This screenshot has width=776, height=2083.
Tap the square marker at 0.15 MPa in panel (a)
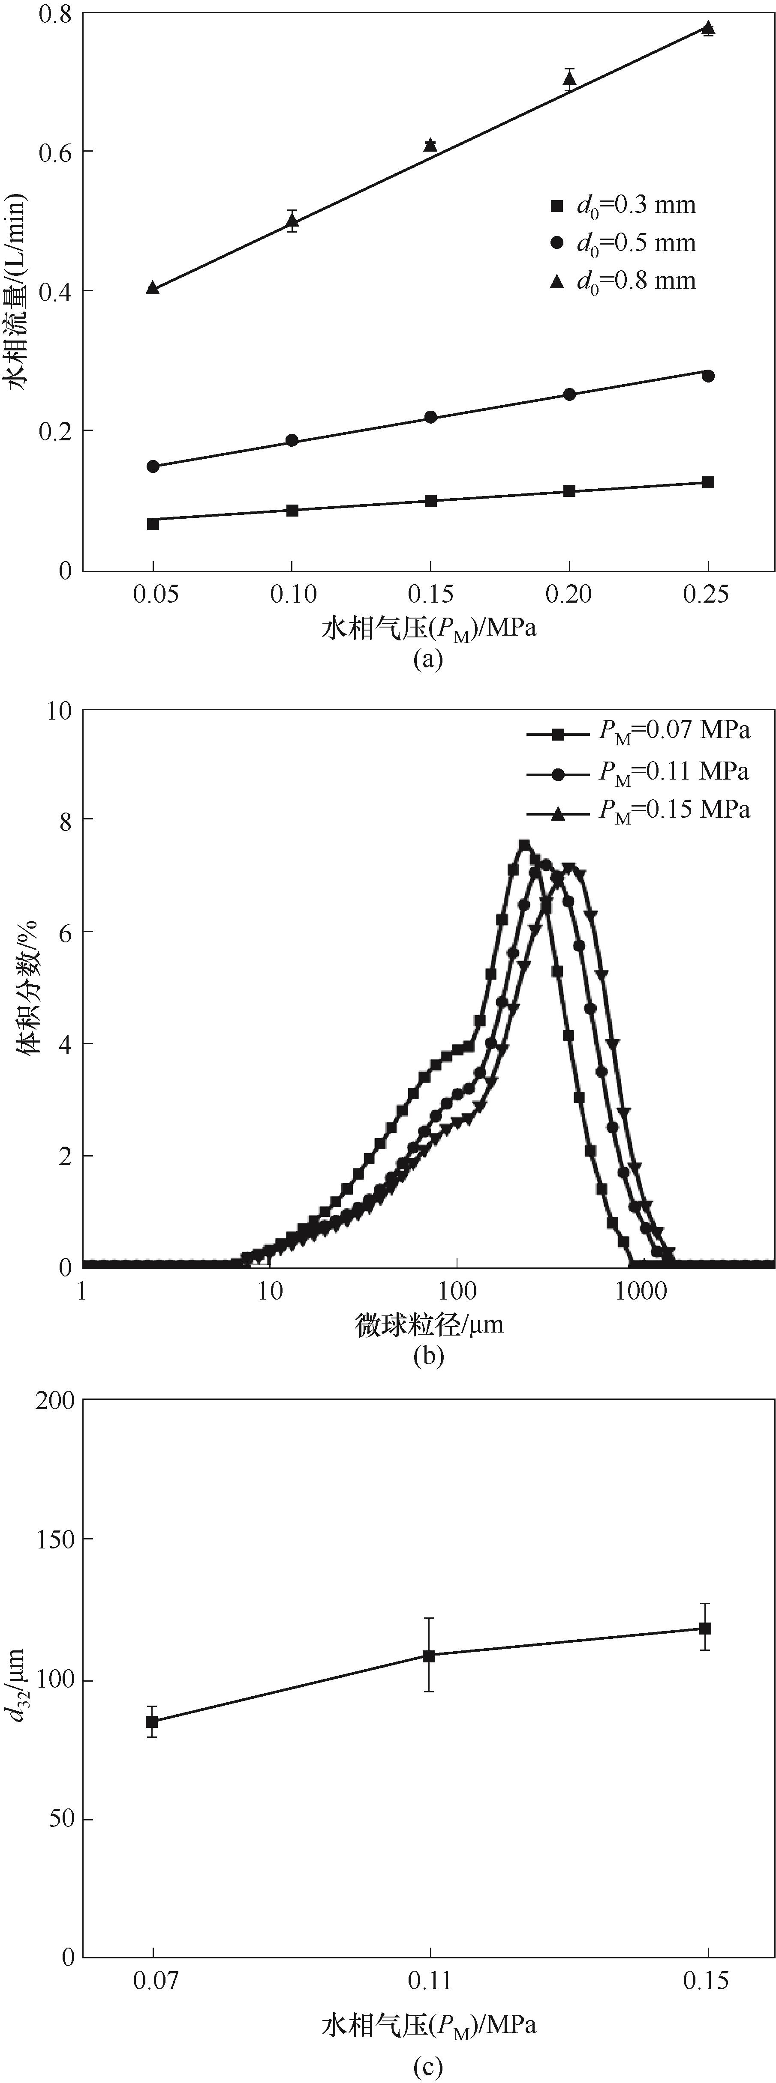430,501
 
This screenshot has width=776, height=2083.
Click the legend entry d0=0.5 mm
623,242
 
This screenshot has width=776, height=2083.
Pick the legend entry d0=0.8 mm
623,281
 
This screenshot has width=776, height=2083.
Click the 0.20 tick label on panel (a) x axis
569,595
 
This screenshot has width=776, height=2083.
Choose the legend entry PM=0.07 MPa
639,731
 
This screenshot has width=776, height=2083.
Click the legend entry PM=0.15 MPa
639,810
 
